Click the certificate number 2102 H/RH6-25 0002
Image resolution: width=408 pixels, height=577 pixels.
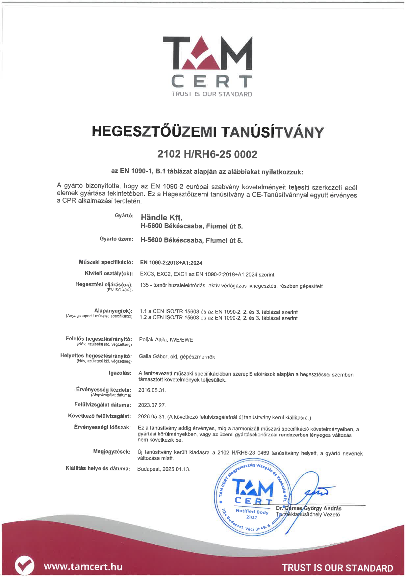coord(207,154)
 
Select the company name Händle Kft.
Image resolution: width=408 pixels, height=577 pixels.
coord(162,217)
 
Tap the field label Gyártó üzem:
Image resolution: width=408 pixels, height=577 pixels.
coord(116,239)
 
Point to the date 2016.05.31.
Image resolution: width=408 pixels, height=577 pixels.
coord(152,390)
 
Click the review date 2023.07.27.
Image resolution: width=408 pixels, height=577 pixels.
coord(152,405)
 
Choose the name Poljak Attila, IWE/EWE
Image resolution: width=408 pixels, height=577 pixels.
coord(166,340)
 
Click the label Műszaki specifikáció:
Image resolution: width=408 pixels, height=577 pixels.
coord(106,262)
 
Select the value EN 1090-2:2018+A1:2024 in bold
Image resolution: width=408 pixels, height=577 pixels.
coord(171,263)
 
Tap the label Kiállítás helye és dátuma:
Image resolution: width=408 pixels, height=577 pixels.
coord(98,468)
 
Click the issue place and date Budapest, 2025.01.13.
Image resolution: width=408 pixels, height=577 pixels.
coord(164,469)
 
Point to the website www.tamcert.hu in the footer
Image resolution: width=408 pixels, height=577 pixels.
coord(83,566)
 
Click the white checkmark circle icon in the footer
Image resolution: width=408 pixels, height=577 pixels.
coord(24,565)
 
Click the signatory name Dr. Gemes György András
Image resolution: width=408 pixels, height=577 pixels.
coord(309,509)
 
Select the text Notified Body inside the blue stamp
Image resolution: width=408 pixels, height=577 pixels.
coord(252,511)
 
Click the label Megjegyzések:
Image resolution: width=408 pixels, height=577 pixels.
coord(112,452)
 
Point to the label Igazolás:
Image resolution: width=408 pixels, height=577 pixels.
coord(120,373)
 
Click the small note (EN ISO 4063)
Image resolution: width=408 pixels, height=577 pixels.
coord(119,290)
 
